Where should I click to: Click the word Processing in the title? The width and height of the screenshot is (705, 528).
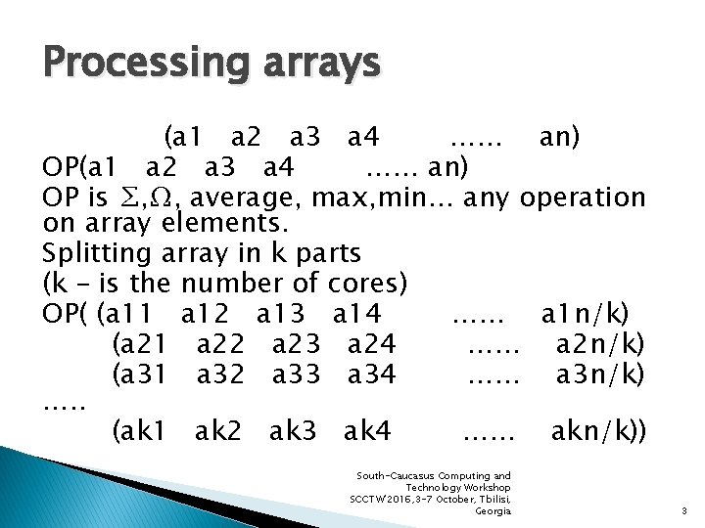click(133, 64)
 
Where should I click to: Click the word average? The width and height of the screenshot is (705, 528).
click(245, 198)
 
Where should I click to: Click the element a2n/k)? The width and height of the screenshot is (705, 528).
click(599, 344)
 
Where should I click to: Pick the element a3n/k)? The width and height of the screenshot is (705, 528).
click(599, 374)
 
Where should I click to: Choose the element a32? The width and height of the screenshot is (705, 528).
click(221, 374)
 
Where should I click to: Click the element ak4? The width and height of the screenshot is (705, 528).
click(367, 429)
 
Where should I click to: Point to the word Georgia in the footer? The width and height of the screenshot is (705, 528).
click(493, 511)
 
